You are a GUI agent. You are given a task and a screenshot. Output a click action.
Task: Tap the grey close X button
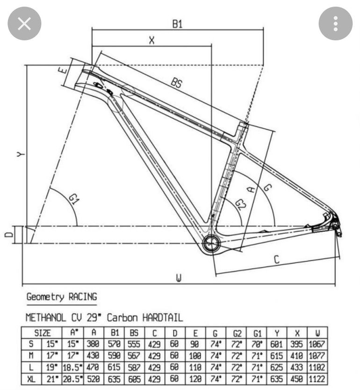pos(24,24)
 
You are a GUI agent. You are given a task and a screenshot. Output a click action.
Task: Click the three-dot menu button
pos(336,24)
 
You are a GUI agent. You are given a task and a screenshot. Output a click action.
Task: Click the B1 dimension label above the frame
pos(177,24)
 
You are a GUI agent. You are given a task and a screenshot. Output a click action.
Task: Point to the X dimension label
pos(151,40)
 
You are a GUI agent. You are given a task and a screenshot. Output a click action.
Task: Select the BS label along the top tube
pos(177,83)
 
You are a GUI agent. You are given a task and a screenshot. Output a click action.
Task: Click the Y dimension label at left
pos(21,154)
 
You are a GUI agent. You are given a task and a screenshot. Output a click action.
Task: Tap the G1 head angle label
pos(74,199)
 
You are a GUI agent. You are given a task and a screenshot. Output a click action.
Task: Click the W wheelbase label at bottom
pos(179,278)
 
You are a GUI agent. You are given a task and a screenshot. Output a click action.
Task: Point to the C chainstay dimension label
pos(277,259)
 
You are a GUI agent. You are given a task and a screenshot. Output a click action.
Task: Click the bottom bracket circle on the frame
pos(212,243)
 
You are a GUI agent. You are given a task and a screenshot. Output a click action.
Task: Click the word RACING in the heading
pos(83,297)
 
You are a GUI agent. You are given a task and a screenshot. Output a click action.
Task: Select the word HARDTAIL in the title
pos(163,318)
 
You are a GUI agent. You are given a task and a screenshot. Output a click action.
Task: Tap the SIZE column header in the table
pos(43,333)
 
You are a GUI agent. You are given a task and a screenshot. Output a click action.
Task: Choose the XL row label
pos(31,379)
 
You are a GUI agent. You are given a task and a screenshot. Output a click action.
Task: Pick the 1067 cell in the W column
pos(317,344)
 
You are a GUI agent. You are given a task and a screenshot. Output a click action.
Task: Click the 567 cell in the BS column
pos(134,356)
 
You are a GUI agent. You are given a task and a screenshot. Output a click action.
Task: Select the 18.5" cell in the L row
pos(72,368)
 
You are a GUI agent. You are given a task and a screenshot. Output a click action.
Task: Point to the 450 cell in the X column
pos(296,379)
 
